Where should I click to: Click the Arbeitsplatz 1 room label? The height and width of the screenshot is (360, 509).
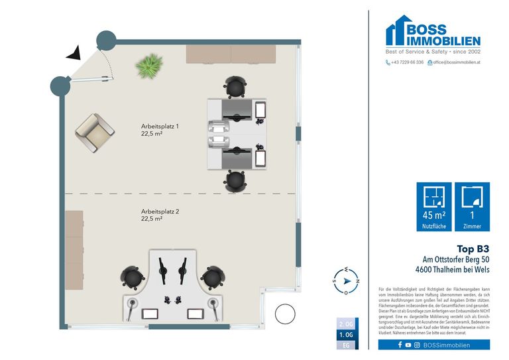pyautogui.click(x=160, y=129)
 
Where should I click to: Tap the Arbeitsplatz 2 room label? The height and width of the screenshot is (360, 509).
pyautogui.click(x=160, y=214)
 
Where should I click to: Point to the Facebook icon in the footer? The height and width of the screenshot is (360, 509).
pyautogui.click(x=400, y=345)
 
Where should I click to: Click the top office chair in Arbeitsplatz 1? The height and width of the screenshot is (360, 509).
pyautogui.click(x=235, y=86)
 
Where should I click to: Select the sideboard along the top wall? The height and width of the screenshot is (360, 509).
pyautogui.click(x=231, y=54)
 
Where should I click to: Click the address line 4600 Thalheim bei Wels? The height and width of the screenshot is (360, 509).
pyautogui.click(x=452, y=270)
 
